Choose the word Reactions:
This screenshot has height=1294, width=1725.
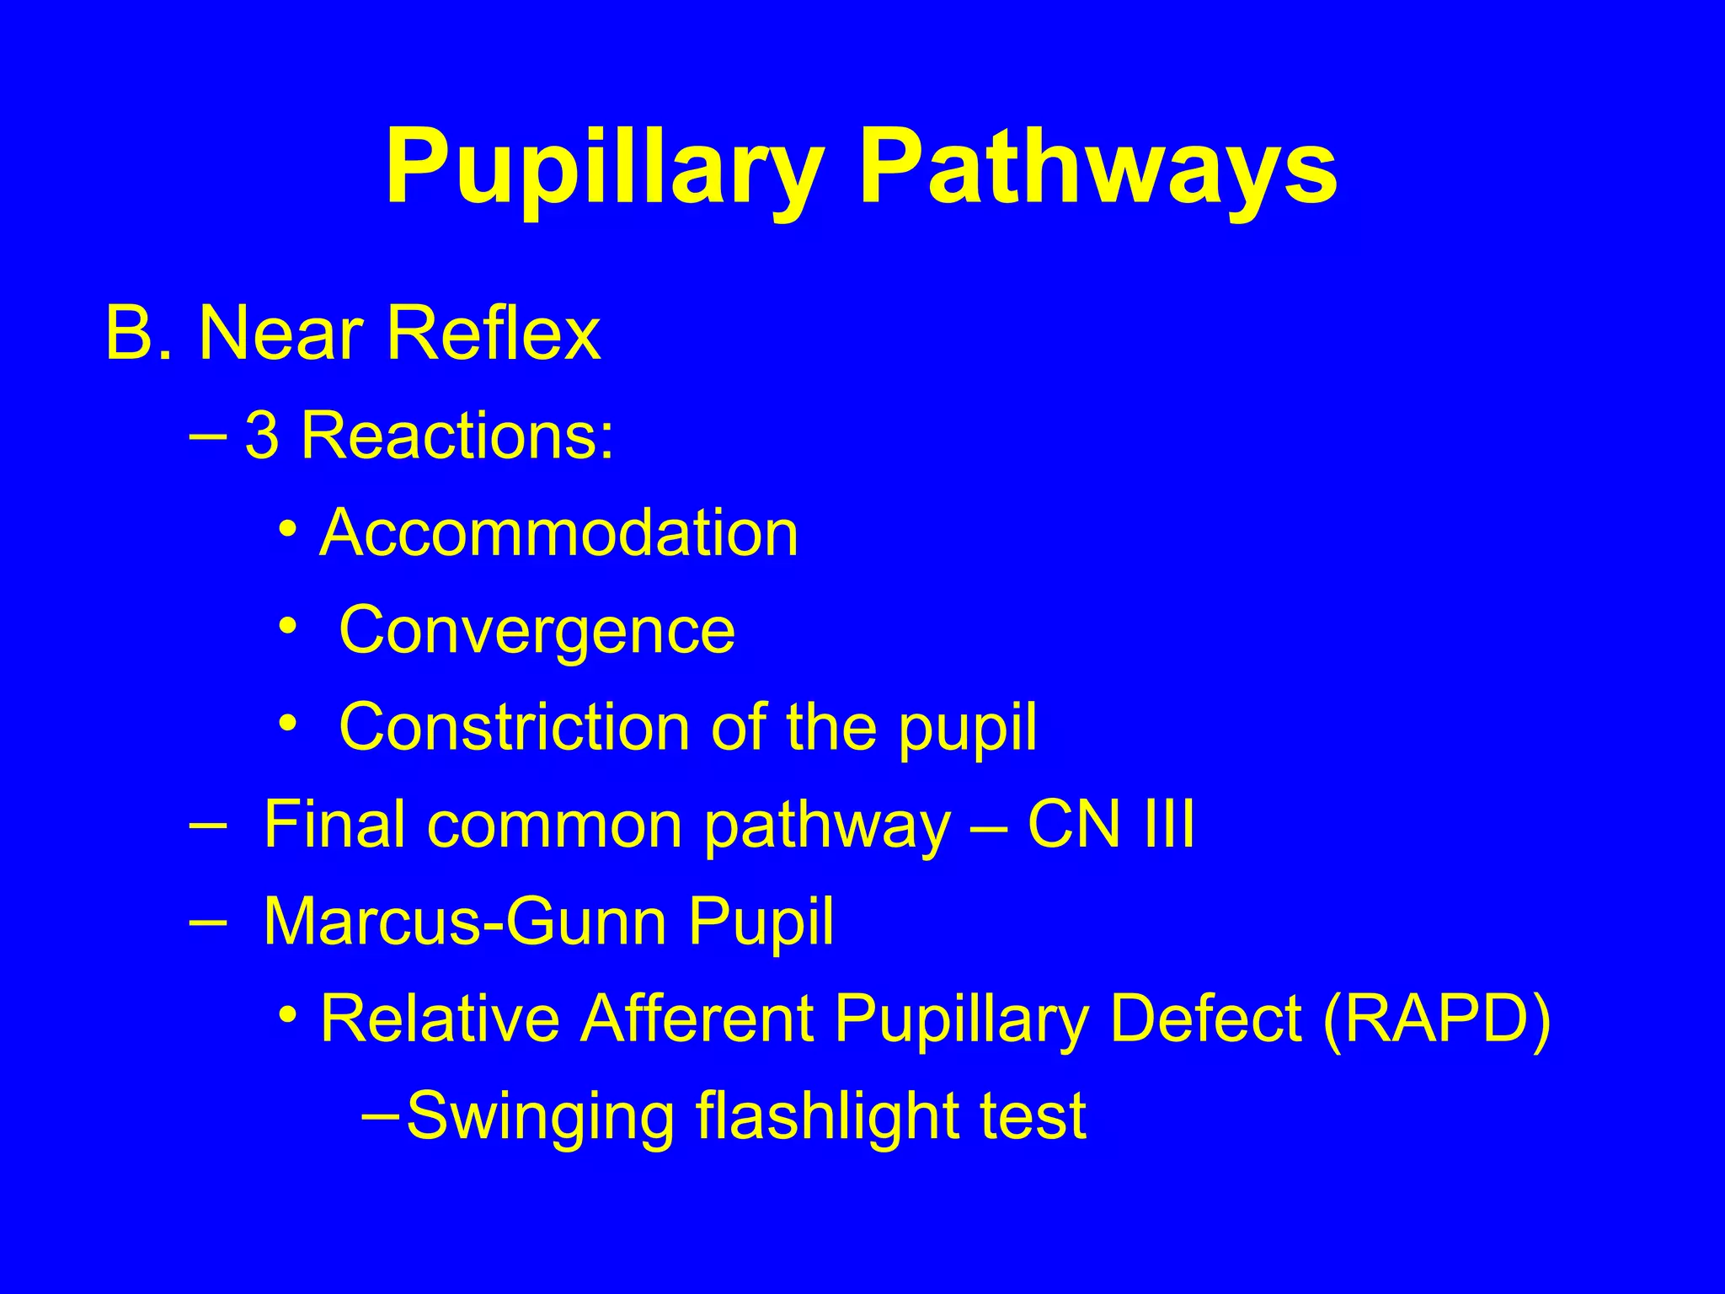tap(457, 436)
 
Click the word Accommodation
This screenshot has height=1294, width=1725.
tap(558, 533)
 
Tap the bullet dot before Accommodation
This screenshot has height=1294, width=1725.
tap(289, 532)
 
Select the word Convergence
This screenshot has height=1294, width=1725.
tap(537, 630)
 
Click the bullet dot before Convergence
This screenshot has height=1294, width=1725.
tap(289, 628)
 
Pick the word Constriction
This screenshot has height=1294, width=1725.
tap(514, 727)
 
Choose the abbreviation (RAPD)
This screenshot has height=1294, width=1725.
tap(1436, 1019)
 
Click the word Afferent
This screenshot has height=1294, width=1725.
tap(697, 1019)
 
